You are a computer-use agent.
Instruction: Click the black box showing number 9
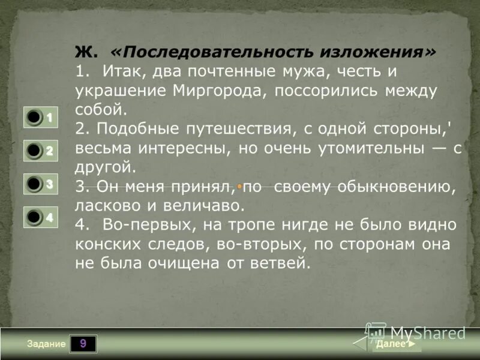[83, 344]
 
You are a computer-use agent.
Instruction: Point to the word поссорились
[332, 91]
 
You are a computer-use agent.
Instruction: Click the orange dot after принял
[239, 188]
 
